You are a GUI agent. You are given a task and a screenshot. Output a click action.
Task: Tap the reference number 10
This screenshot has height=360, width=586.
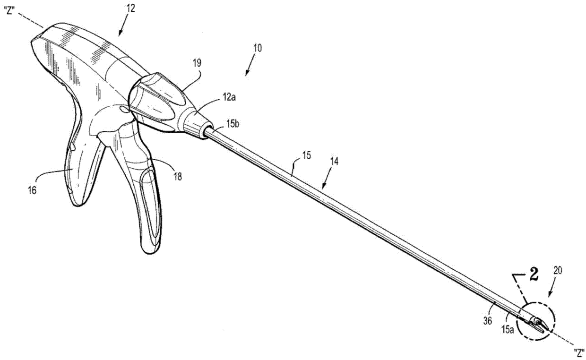pos(258,48)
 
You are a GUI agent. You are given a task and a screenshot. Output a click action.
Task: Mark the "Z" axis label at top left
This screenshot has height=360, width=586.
pos(10,9)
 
